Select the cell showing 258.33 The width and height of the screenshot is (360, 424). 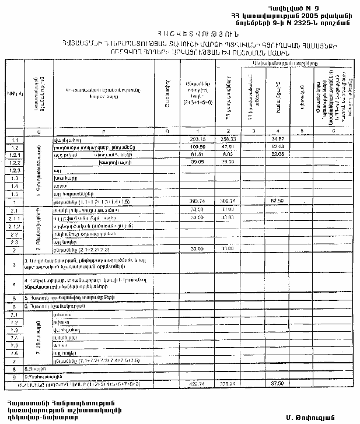click(228, 139)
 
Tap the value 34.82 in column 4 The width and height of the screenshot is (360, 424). click(277, 139)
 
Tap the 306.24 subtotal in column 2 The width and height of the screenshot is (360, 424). click(228, 201)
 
